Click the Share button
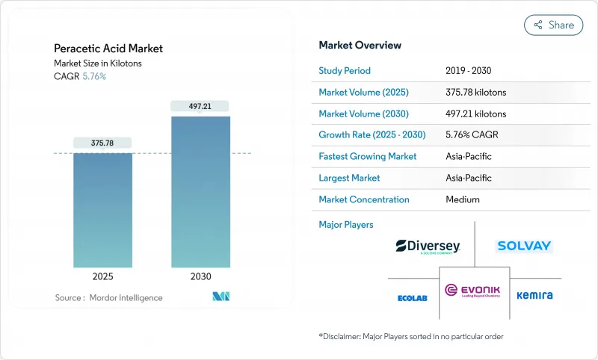(x=554, y=25)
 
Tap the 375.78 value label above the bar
(x=102, y=143)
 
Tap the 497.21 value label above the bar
(x=200, y=106)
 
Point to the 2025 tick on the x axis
(x=102, y=276)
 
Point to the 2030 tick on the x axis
(x=200, y=276)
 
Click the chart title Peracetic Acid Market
(x=108, y=49)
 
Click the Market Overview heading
(x=360, y=46)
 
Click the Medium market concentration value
(x=462, y=199)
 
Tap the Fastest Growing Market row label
(x=367, y=157)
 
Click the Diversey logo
(x=428, y=246)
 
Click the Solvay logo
(x=523, y=246)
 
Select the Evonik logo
(x=474, y=291)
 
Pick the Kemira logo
(x=534, y=295)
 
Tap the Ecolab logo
(x=412, y=298)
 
